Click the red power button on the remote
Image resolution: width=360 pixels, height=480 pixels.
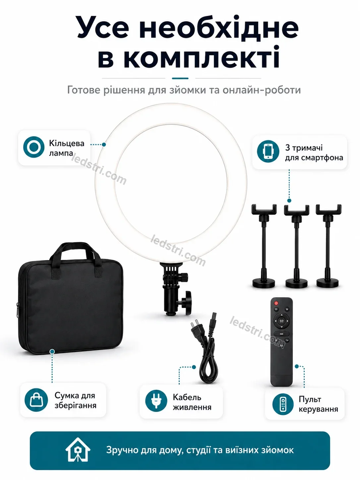pyautogui.click(x=276, y=303)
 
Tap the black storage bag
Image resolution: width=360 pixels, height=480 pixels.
pyautogui.click(x=70, y=300)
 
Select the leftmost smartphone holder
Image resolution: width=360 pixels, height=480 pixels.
pyautogui.click(x=264, y=246)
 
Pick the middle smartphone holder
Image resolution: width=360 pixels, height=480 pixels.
pyautogui.click(x=296, y=246)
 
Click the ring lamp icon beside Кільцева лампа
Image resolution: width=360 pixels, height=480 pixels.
pyautogui.click(x=34, y=147)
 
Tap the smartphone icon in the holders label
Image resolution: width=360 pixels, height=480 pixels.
pyautogui.click(x=268, y=151)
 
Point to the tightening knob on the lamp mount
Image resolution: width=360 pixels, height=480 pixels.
pyautogui.click(x=187, y=303)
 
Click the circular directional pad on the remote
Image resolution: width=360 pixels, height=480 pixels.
pyautogui.click(x=281, y=321)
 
